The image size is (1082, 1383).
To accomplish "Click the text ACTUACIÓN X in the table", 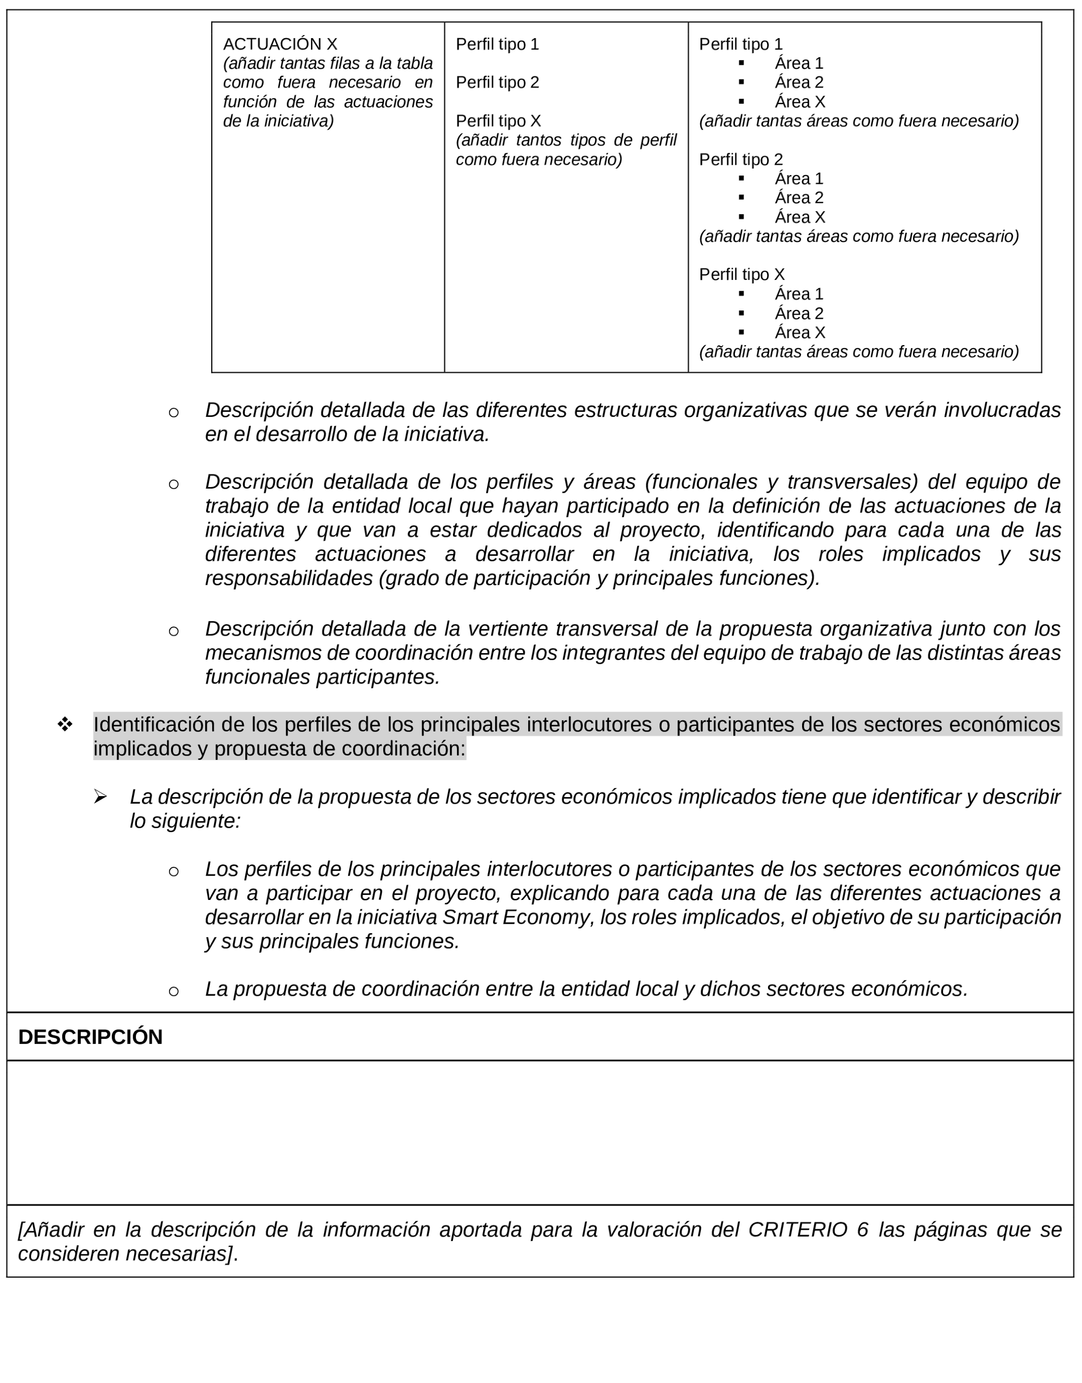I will [x=279, y=44].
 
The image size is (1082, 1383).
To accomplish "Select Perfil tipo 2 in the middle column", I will [x=497, y=82].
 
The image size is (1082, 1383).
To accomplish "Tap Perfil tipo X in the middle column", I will [x=498, y=121].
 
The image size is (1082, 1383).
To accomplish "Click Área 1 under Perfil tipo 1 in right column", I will [x=799, y=63].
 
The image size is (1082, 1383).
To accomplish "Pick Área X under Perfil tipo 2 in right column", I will [x=800, y=217].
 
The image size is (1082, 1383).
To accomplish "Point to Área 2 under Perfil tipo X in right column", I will [x=799, y=314].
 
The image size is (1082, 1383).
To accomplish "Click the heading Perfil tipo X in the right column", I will [x=741, y=274].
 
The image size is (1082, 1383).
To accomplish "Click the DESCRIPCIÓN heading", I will [x=91, y=1037].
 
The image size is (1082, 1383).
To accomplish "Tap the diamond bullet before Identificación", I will [x=65, y=724].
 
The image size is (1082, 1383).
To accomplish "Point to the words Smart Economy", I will [x=515, y=917].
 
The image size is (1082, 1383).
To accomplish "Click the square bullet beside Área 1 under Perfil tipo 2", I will [x=741, y=178].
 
